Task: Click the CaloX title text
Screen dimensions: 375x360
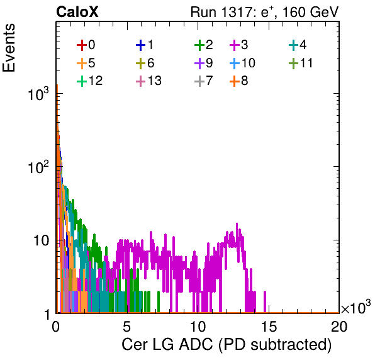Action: pyautogui.click(x=77, y=12)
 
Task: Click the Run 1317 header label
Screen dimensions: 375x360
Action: pyautogui.click(x=264, y=12)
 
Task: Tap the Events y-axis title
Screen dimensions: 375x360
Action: pyautogui.click(x=9, y=48)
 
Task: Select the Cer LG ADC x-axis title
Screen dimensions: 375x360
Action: pyautogui.click(x=227, y=345)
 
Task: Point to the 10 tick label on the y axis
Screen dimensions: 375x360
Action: pyautogui.click(x=41, y=240)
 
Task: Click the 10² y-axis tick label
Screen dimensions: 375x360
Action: pyautogui.click(x=38, y=167)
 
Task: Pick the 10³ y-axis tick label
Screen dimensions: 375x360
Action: pyautogui.click(x=38, y=94)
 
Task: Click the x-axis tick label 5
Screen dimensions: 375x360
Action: pyautogui.click(x=126, y=326)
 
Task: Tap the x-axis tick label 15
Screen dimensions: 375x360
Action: pyautogui.click(x=269, y=326)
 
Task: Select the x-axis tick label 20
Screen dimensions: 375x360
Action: pyautogui.click(x=339, y=326)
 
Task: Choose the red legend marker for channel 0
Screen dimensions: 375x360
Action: pyautogui.click(x=82, y=45)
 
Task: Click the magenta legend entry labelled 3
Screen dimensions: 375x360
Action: pyautogui.click(x=238, y=45)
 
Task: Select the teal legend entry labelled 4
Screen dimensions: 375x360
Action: pyautogui.click(x=298, y=45)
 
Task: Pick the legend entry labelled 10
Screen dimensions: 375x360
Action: pyautogui.click(x=242, y=63)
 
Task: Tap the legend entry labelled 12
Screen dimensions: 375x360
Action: pyautogui.click(x=90, y=81)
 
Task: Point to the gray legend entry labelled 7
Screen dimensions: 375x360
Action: pyautogui.click(x=203, y=81)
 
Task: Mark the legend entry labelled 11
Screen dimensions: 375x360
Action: pyautogui.click(x=301, y=63)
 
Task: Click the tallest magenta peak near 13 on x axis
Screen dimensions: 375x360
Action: pyautogui.click(x=237, y=223)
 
